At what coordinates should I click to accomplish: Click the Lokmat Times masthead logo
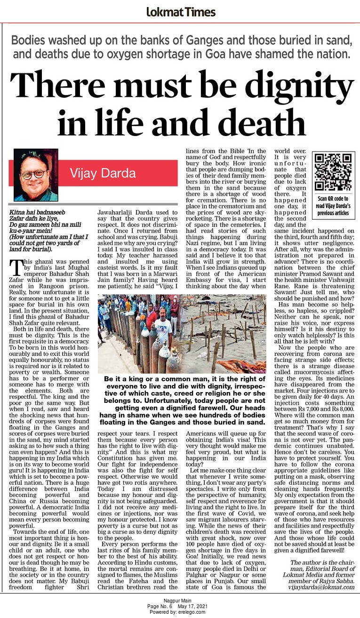click(x=181, y=12)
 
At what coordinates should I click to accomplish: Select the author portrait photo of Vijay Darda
click(x=36, y=175)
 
